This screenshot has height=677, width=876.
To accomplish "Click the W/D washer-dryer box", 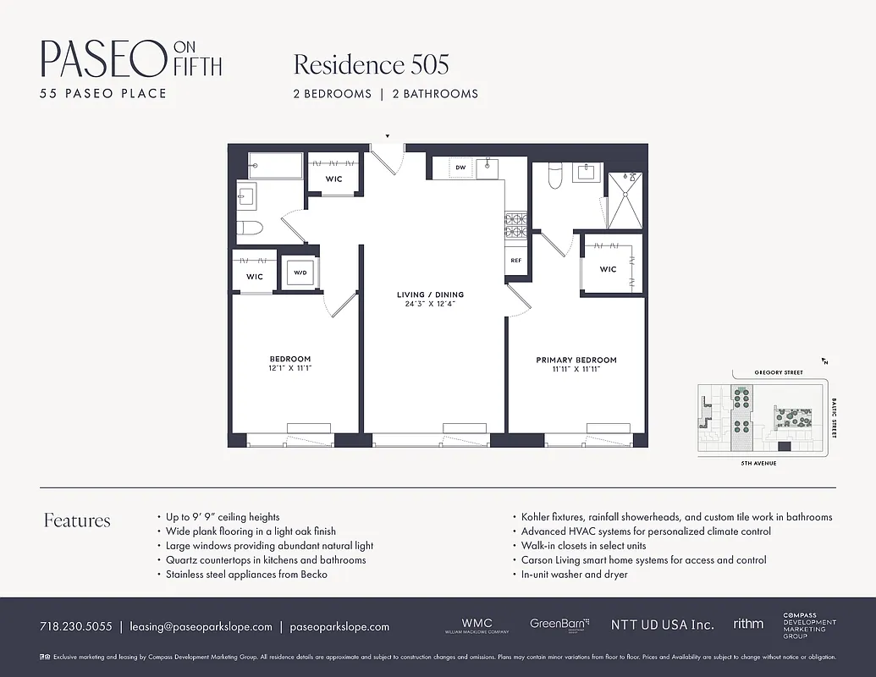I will point(300,273).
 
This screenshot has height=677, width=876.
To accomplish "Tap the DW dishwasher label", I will point(460,168).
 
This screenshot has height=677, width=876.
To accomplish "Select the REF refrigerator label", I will point(515,261).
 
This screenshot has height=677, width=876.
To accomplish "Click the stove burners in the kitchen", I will point(515,225).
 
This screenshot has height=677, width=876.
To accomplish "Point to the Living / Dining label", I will point(431,294).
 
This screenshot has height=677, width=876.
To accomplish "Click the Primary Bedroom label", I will point(576,360).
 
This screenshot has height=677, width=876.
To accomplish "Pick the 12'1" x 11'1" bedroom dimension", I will point(290,368).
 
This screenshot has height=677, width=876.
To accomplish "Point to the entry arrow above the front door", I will point(388,135).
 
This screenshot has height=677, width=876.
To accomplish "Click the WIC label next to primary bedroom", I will point(608,269).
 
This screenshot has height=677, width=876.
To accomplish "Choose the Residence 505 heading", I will point(371,64).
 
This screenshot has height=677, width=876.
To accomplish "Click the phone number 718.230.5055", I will point(75,627).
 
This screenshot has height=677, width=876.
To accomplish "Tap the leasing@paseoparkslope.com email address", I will point(201,627).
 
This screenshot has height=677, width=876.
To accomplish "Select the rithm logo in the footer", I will point(748,624).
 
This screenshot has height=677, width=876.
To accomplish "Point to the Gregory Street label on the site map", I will point(766,372).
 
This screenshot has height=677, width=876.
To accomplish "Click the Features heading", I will point(77,520).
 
